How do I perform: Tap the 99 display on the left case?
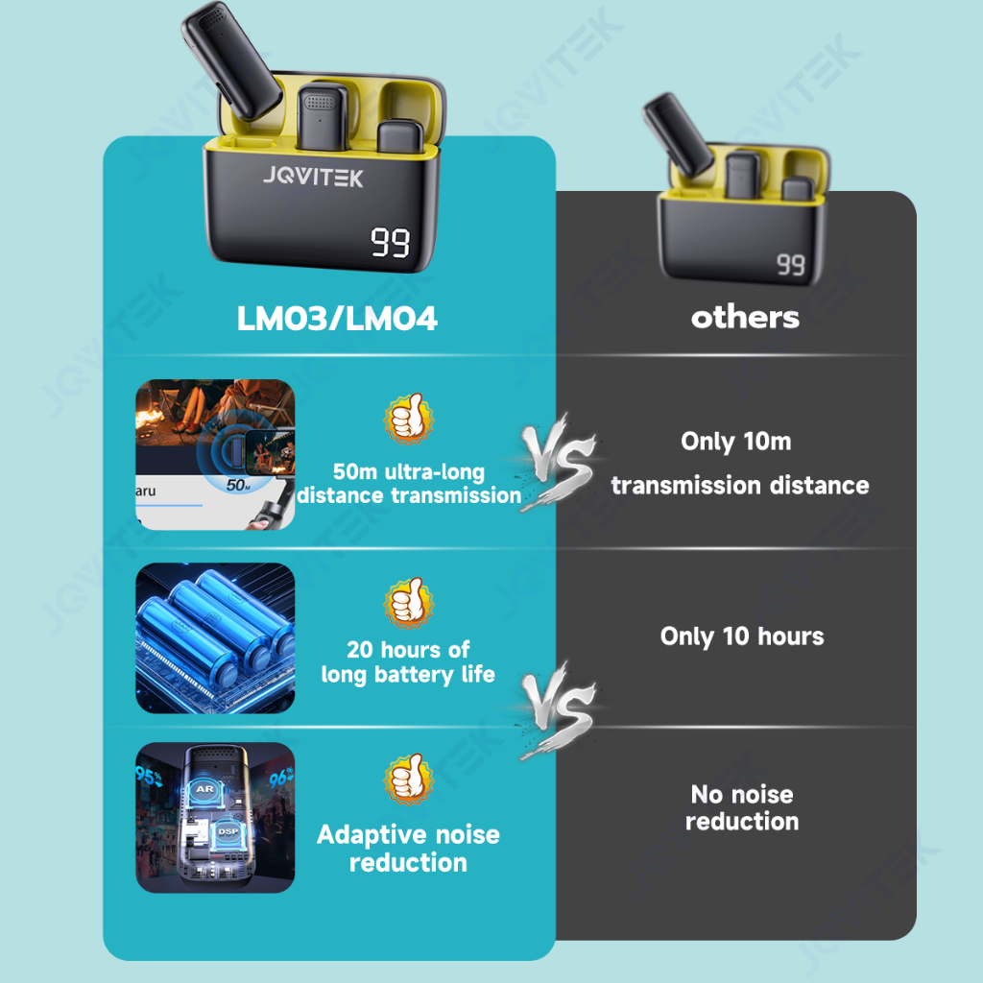point(391,243)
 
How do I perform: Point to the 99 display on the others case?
point(791,264)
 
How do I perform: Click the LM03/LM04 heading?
point(337,319)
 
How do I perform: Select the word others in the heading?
point(745,317)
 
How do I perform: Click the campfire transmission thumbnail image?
point(215,455)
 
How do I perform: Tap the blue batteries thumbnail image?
point(215,638)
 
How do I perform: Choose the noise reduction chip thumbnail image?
point(215,818)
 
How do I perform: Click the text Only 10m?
point(735,442)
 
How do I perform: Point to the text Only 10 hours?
point(742,635)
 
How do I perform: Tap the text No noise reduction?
point(742,807)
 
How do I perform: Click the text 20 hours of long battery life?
point(408,661)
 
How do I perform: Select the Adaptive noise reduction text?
point(408,848)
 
